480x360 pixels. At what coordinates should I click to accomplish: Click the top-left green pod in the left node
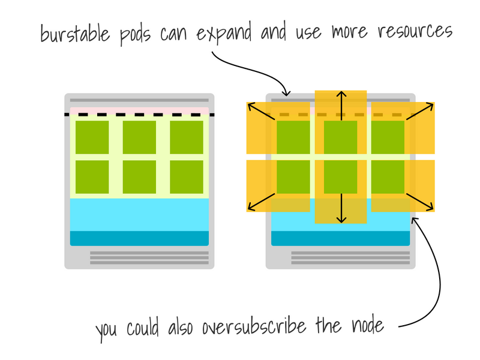(x=92, y=137)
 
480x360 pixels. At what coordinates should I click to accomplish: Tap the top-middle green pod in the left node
(x=139, y=137)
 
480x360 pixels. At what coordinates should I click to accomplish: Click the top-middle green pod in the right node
(x=340, y=137)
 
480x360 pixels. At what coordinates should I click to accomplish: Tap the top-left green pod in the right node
(x=293, y=137)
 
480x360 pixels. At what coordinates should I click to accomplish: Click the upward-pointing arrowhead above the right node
(x=340, y=94)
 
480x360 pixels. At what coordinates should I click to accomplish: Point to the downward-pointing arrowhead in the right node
(x=340, y=220)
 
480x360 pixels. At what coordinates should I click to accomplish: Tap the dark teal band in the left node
(x=139, y=238)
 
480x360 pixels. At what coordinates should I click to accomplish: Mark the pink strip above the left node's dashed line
(x=139, y=110)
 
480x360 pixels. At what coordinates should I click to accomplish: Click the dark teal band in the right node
(x=340, y=238)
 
